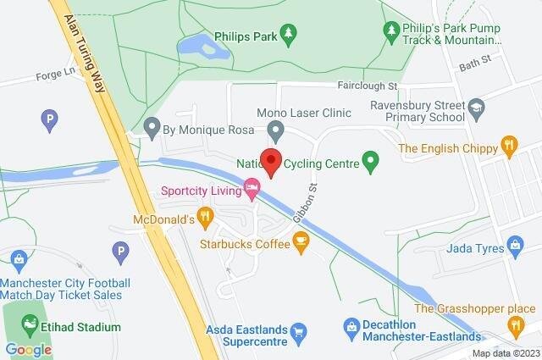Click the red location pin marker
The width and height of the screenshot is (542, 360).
(270, 161)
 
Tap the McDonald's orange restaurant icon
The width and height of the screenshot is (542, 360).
(205, 219)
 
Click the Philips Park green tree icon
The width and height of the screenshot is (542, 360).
(289, 33)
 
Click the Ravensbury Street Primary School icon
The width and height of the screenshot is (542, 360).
(478, 108)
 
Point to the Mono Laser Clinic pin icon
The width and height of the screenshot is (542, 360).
(274, 130)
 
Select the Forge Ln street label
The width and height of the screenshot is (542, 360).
(51, 76)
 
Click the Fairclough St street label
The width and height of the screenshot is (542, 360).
(368, 86)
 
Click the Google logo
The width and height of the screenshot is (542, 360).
(28, 349)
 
